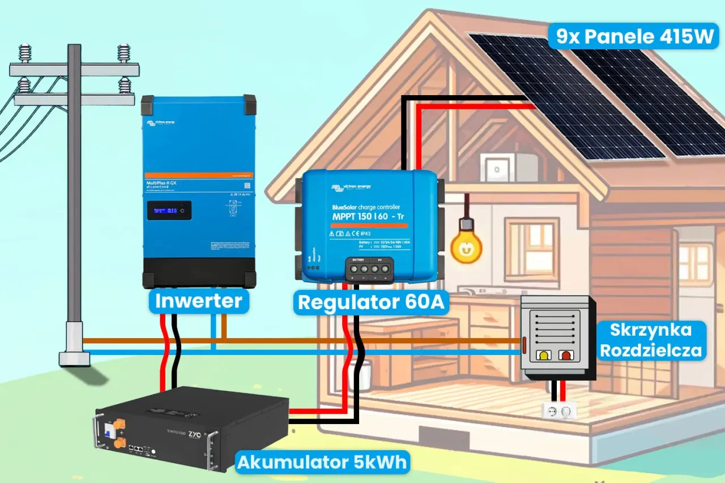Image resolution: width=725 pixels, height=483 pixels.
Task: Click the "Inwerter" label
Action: (199, 301)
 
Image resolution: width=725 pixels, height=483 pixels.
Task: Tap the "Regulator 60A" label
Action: (372, 302)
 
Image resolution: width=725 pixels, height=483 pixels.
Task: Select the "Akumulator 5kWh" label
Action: (322, 462)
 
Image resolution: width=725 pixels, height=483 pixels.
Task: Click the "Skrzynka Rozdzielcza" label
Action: (650, 340)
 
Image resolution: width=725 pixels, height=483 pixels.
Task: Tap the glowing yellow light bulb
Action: (466, 245)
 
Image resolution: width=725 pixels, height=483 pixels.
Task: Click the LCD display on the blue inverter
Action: (169, 211)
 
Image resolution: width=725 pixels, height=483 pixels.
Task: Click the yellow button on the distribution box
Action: (544, 356)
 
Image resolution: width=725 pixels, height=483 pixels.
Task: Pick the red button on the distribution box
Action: (565, 356)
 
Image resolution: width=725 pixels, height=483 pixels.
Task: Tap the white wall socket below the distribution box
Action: (558, 409)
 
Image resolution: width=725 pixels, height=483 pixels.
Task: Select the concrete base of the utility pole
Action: (74, 358)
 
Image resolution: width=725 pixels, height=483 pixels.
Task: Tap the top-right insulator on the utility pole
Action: (123, 53)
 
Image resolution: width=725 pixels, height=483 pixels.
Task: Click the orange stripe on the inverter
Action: (198, 176)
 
